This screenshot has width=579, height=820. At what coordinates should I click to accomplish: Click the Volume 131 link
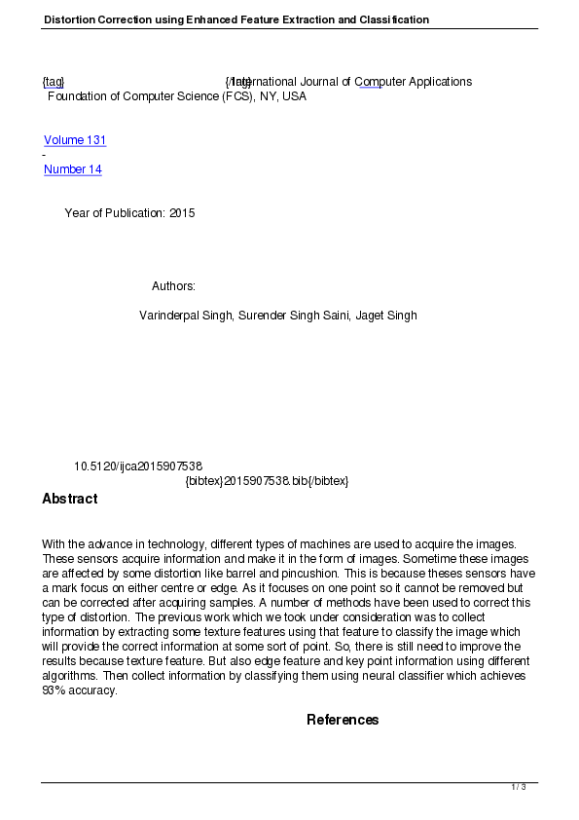coord(75,140)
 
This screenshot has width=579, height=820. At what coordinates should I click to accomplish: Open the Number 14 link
coord(73,169)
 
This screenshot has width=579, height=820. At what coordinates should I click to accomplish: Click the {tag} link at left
coord(54,82)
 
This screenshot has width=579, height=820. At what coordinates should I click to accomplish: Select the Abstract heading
coord(70,499)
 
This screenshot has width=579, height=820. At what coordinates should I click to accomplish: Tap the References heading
coord(343,720)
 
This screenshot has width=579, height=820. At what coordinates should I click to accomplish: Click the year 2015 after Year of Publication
coord(182,213)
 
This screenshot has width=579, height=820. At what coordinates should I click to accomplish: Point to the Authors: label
coord(174,286)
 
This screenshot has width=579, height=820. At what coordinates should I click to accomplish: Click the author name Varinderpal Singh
coord(186,316)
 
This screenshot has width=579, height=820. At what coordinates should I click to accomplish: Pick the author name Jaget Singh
coord(386,316)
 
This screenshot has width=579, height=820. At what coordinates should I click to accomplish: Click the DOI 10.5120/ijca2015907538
coord(138,466)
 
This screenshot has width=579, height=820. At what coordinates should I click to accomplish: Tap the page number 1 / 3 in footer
coord(519,787)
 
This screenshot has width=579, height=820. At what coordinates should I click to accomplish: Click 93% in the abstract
coord(55,690)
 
